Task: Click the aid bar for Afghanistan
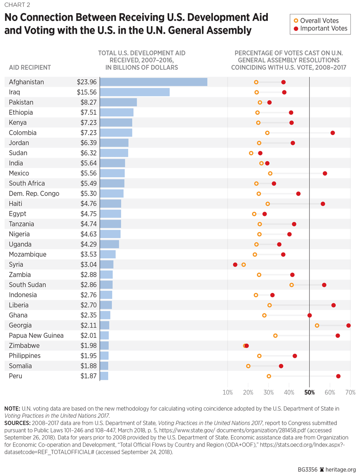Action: point(154,82)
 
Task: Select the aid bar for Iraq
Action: point(135,92)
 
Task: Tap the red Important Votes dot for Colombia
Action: point(333,133)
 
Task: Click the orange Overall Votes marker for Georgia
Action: point(317,325)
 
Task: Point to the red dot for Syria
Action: point(235,264)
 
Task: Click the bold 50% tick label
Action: point(309,392)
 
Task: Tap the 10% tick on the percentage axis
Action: point(228,392)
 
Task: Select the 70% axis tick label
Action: point(350,392)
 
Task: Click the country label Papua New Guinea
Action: point(36,335)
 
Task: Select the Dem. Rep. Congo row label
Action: point(34,193)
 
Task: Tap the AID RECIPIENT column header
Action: point(30,67)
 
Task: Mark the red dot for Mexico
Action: point(325,173)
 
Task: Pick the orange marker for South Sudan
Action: point(291,285)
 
